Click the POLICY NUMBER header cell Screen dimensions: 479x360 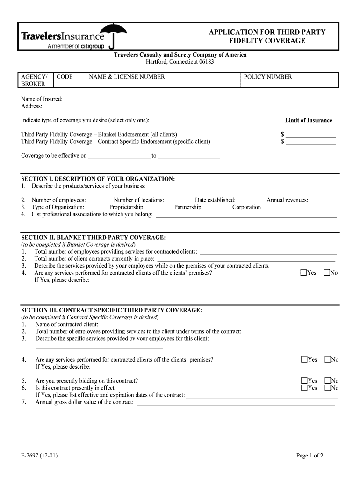289,80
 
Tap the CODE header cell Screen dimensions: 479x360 70,80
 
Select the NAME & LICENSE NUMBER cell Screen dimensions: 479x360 163,80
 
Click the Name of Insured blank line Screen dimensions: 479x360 201,99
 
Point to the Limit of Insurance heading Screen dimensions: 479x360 309,120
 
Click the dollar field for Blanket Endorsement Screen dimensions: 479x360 311,135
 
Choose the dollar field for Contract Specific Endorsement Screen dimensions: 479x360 311,142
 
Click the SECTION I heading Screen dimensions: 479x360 98,179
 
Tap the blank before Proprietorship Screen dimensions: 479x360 98,208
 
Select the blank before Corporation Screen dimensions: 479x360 219,208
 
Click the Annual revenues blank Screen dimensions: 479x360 323,201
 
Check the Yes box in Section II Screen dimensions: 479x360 303,273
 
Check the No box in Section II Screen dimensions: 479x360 327,273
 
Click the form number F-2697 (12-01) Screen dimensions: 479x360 39,456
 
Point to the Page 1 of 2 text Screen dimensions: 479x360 310,456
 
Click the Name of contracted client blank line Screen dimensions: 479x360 218,325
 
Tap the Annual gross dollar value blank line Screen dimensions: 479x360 235,402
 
